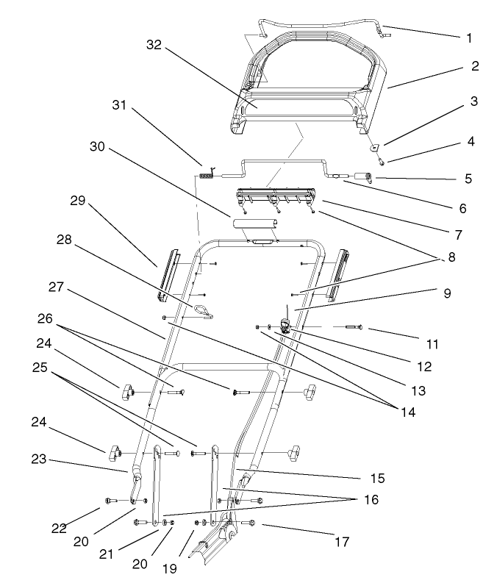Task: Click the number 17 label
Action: tap(341, 542)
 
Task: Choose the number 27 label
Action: tap(56, 285)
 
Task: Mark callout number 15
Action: tap(377, 478)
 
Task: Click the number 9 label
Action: tap(448, 293)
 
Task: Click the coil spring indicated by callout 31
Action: tap(207, 175)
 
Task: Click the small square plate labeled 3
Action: tap(374, 147)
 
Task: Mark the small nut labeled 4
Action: tap(382, 160)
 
